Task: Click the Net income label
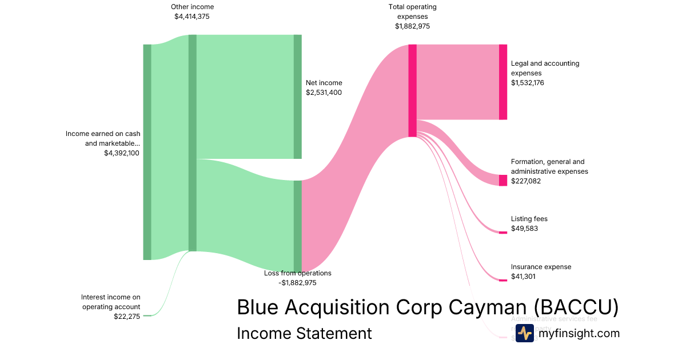(x=324, y=83)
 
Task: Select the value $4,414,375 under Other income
(x=192, y=17)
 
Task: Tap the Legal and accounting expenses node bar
(x=503, y=82)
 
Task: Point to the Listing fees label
(x=529, y=219)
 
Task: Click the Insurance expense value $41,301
(x=523, y=277)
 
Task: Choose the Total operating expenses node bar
(x=412, y=91)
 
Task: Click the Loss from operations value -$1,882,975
(x=297, y=283)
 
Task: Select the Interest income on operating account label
(x=110, y=302)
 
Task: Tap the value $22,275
(x=127, y=317)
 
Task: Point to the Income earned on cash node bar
(x=147, y=152)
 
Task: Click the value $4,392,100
(x=122, y=153)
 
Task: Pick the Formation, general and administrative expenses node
(x=503, y=181)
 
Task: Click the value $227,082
(x=526, y=181)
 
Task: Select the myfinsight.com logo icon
(x=524, y=333)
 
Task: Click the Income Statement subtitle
(x=304, y=333)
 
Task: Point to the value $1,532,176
(x=528, y=83)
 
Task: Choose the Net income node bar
(x=298, y=97)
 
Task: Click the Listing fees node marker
(x=503, y=233)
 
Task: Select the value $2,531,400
(x=324, y=93)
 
